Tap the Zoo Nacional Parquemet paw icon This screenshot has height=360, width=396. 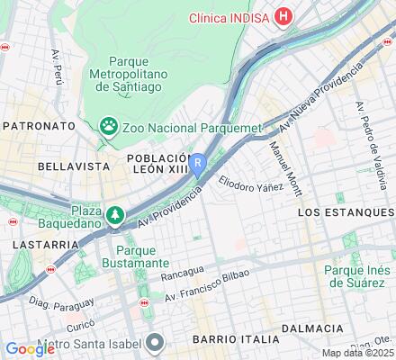110,125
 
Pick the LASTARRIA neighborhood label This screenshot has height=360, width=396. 39,244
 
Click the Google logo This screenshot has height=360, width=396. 30,349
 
